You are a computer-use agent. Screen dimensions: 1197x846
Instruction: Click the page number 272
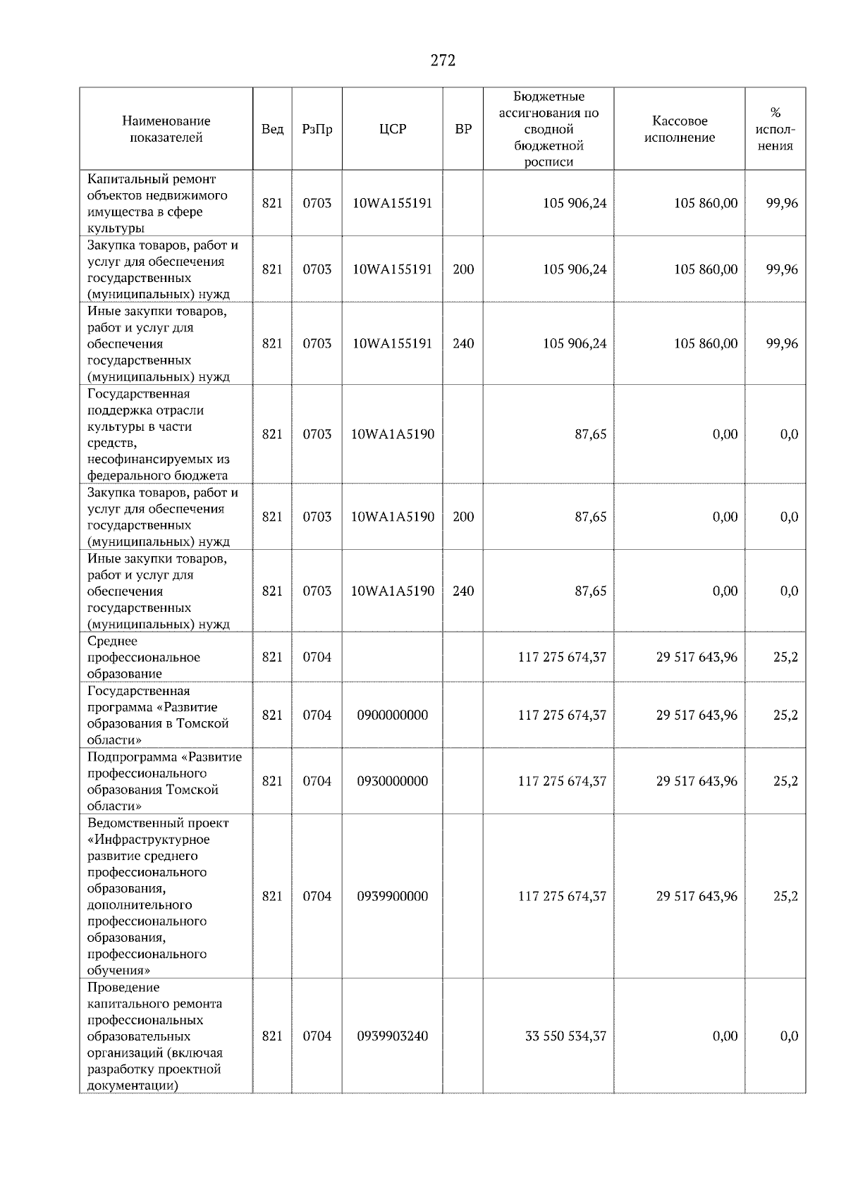[443, 61]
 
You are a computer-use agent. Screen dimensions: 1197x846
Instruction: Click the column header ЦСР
[393, 129]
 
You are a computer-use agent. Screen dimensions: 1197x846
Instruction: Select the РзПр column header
[317, 129]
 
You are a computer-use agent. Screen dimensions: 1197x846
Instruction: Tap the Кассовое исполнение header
[679, 129]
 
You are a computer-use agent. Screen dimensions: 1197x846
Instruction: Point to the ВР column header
[463, 129]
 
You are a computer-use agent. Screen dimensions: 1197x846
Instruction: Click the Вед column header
[272, 129]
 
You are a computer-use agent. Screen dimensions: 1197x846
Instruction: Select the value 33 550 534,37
[565, 1036]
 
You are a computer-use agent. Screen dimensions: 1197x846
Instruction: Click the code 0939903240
[393, 1036]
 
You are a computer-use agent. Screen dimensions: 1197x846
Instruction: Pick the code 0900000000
[393, 715]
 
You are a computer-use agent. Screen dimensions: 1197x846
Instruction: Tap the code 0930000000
[393, 781]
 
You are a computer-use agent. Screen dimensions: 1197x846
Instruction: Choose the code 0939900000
[393, 896]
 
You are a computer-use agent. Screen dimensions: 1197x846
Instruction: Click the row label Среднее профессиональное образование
[143, 657]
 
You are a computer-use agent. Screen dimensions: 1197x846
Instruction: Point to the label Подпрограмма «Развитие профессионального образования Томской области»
[164, 781]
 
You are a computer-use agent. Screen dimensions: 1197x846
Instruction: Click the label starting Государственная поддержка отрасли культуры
[158, 434]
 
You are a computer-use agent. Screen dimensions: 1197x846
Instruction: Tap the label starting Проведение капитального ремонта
[155, 1036]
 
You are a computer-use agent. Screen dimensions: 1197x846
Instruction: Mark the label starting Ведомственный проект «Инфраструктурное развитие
[157, 896]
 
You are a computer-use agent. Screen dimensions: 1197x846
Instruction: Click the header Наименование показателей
[166, 129]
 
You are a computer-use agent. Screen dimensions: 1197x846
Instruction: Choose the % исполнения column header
[775, 129]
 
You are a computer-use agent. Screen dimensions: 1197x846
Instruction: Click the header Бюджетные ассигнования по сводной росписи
[548, 129]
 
